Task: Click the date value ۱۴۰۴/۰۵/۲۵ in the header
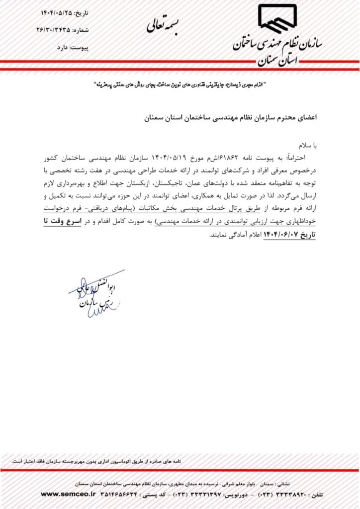[x=58, y=12]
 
